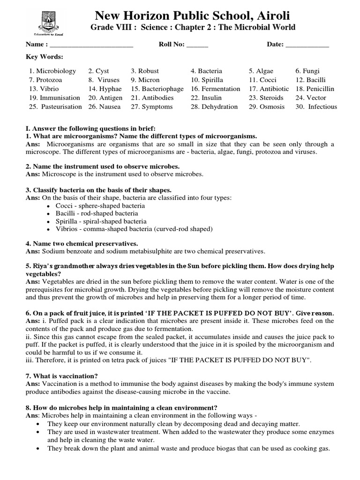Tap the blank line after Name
pyautogui.click(x=91, y=45)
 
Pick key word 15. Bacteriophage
pyautogui.click(x=157, y=89)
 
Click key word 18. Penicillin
pyautogui.click(x=316, y=89)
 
